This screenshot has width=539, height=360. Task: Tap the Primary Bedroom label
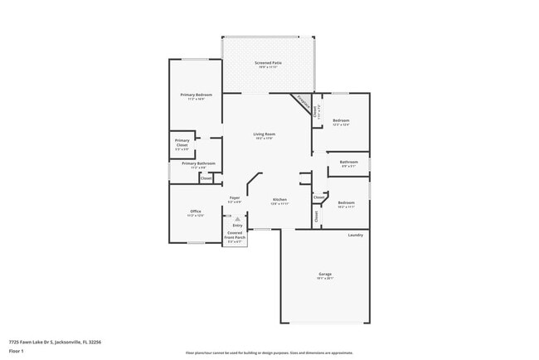pyautogui.click(x=197, y=95)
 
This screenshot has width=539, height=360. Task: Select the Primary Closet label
pyautogui.click(x=182, y=143)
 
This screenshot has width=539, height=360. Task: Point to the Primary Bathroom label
pyautogui.click(x=198, y=163)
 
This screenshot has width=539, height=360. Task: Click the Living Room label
pyautogui.click(x=264, y=134)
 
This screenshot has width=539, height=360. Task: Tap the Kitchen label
pyautogui.click(x=279, y=199)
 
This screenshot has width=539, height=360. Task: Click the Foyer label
pyautogui.click(x=235, y=197)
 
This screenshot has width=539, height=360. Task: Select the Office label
pyautogui.click(x=196, y=211)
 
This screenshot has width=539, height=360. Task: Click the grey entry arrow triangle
pyautogui.click(x=237, y=218)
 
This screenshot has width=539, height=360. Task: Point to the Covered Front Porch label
pyautogui.click(x=236, y=236)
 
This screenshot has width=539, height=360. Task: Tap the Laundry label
pyautogui.click(x=355, y=235)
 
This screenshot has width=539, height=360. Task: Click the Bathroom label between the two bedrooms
pyautogui.click(x=349, y=162)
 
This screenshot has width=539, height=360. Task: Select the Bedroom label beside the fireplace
pyautogui.click(x=341, y=119)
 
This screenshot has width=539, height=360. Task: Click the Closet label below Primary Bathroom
pyautogui.click(x=206, y=178)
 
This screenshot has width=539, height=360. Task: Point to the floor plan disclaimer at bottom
pyautogui.click(x=269, y=353)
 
